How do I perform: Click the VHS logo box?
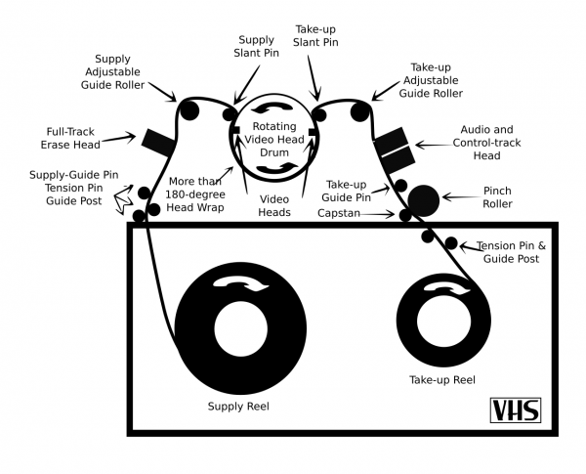click(x=515, y=409)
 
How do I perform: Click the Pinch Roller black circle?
click(x=424, y=199)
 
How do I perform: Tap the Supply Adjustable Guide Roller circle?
click(x=188, y=108)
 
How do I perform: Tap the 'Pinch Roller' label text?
click(x=497, y=197)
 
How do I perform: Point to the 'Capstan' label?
click(x=339, y=212)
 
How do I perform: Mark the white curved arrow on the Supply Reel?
click(x=239, y=282)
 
